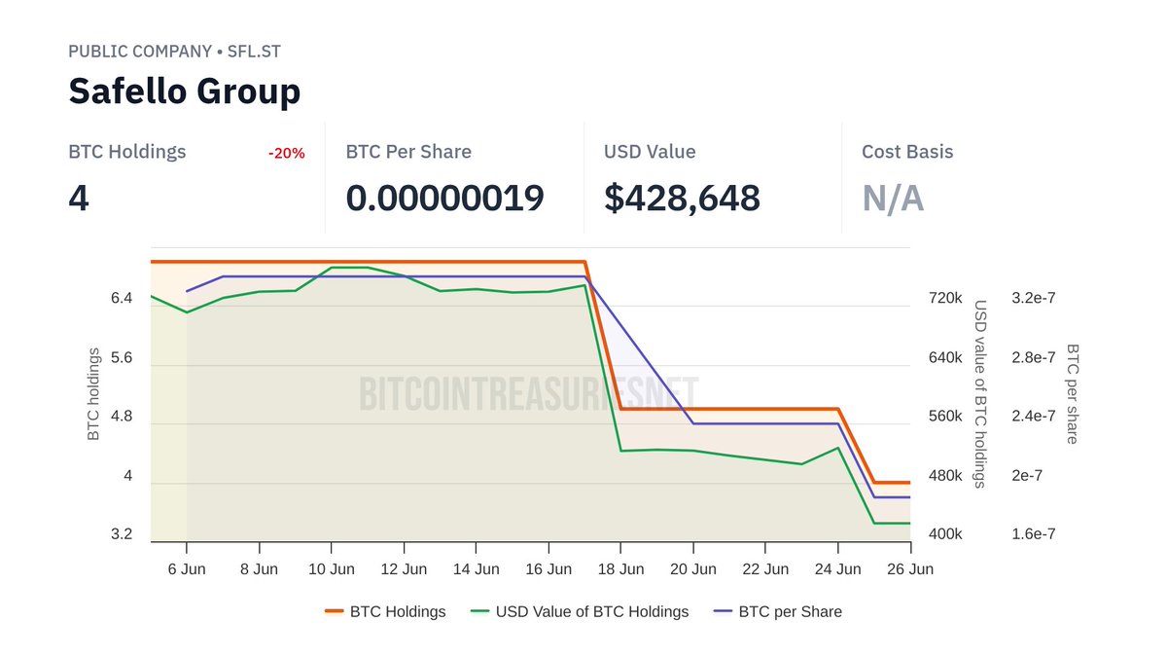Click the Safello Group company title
(185, 91)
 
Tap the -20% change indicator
(286, 153)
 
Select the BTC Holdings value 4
(79, 199)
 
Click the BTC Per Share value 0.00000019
(444, 199)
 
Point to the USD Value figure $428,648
(682, 199)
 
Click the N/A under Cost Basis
(892, 199)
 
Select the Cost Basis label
(907, 152)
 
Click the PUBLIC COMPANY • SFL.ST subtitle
(175, 51)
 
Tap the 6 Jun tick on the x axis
(187, 569)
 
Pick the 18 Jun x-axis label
(620, 569)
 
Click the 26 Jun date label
(910, 569)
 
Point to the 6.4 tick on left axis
(122, 298)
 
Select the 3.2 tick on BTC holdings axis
(122, 534)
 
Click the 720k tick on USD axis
(945, 298)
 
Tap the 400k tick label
(945, 534)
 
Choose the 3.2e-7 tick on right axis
(1033, 298)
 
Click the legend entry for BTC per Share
(789, 611)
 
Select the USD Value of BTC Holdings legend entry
(591, 611)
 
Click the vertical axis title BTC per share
(1072, 393)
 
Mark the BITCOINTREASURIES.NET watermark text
(529, 394)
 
